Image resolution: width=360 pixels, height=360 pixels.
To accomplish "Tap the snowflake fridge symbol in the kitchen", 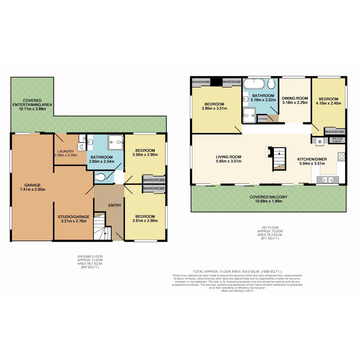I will click(319, 141).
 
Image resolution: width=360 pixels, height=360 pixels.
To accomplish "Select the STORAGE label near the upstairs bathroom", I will click(262, 119).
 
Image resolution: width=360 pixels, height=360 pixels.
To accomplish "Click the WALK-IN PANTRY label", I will click(337, 141).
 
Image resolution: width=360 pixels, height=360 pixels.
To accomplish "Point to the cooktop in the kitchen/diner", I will click(341, 156).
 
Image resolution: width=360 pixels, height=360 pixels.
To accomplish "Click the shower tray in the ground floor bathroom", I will click(115, 143).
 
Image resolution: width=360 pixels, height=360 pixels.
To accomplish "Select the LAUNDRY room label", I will click(65, 151).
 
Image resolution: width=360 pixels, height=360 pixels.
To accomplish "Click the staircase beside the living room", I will click(279, 159).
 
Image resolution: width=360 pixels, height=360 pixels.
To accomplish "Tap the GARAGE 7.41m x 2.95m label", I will click(32, 187).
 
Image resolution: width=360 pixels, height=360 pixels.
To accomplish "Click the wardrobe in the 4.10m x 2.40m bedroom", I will click(335, 132).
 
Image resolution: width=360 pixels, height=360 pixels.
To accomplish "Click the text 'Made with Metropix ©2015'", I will click(237, 291).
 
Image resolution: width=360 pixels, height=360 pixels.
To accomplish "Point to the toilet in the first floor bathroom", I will click(271, 84).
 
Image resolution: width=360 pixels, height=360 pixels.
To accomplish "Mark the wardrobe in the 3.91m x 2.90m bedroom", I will click(154, 189).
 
